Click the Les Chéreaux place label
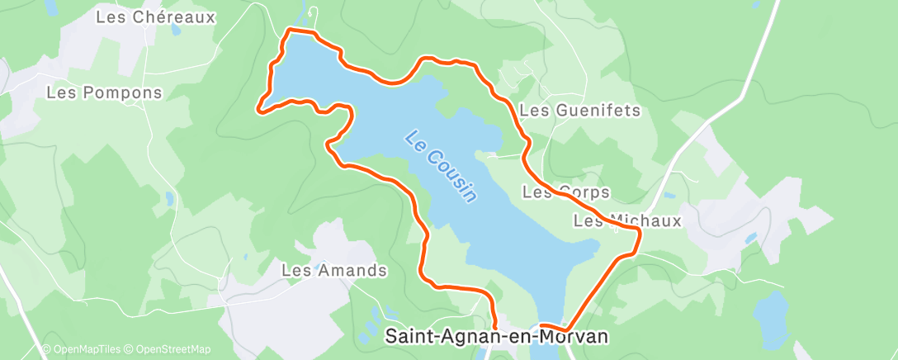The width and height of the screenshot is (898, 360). click(x=155, y=17)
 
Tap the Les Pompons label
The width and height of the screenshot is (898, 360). click(x=104, y=92)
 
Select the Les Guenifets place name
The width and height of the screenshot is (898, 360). click(x=579, y=110)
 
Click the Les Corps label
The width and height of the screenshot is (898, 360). click(x=566, y=192)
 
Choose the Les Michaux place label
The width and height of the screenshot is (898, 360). click(x=627, y=220)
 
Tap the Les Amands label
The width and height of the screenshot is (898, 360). click(x=334, y=270)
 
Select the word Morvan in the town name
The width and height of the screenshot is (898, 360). click(x=579, y=337)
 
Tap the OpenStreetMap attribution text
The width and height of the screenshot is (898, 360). click(x=169, y=350)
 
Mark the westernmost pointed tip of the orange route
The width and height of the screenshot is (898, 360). click(x=259, y=107)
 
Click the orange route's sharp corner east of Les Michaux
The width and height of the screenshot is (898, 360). click(x=640, y=234)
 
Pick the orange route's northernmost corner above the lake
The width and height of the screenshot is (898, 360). click(x=288, y=31)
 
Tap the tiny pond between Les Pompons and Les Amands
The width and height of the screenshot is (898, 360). click(x=168, y=198)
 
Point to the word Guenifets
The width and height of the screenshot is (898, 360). click(x=594, y=110)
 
